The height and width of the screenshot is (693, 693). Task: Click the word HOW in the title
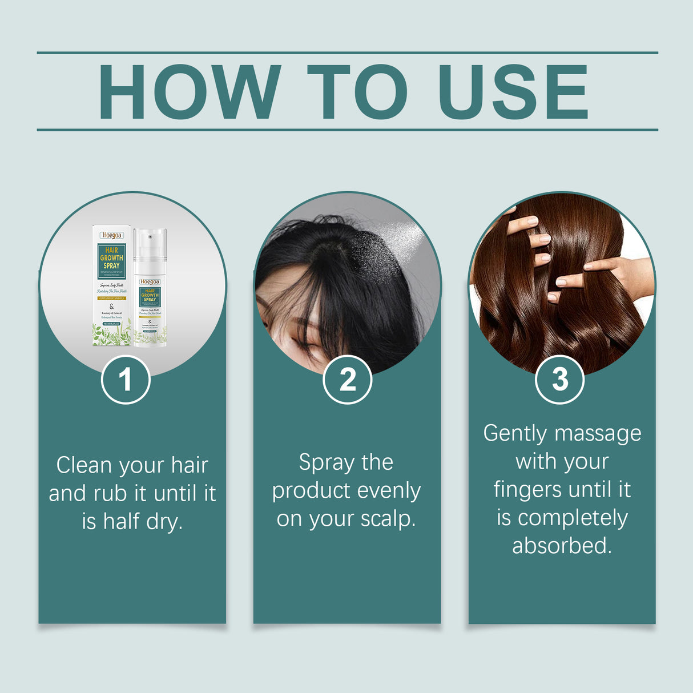click(x=189, y=92)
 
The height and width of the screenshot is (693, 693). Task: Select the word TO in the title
click(x=357, y=92)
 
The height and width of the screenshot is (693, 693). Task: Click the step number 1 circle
click(x=126, y=380)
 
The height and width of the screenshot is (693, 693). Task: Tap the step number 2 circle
click(x=347, y=380)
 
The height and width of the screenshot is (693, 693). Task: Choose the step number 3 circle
click(x=559, y=380)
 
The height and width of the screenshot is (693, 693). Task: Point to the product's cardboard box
click(x=111, y=285)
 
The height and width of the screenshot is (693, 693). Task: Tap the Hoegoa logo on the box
click(x=111, y=235)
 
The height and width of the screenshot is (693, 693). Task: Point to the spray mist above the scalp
click(x=388, y=240)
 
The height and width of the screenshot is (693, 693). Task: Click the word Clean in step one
click(x=83, y=465)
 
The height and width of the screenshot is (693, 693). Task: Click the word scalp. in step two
click(x=388, y=519)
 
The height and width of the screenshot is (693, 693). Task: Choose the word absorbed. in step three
click(x=562, y=546)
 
